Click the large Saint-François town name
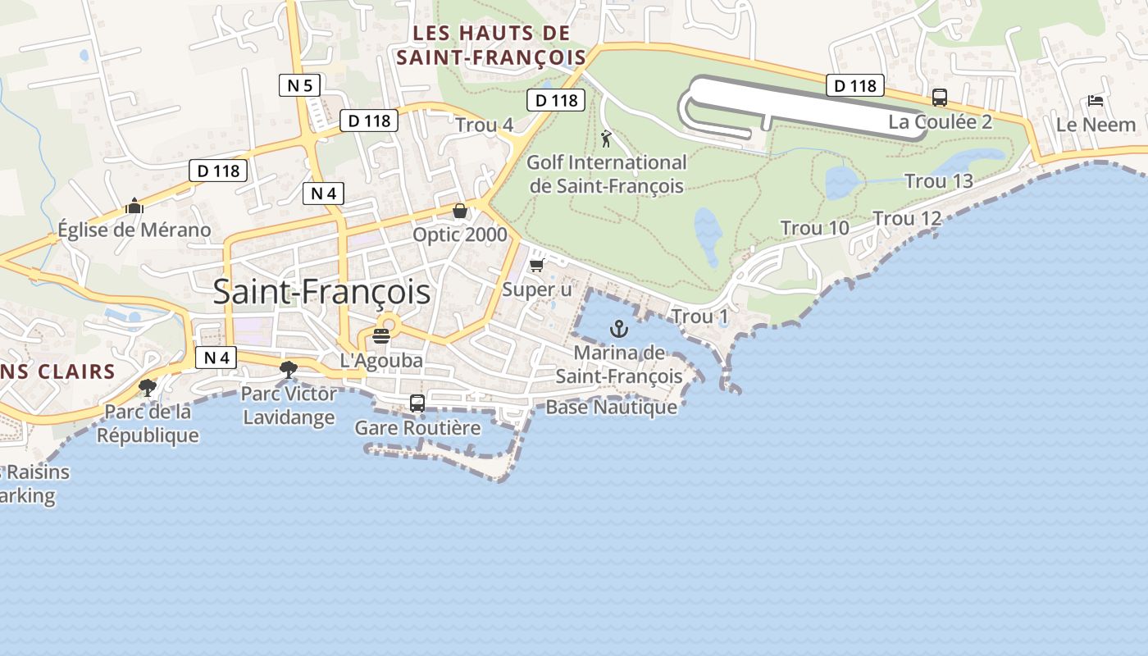[x=321, y=292]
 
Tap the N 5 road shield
[x=299, y=85]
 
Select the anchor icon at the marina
[x=619, y=330]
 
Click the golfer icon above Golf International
[x=606, y=139]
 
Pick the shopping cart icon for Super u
[x=537, y=265]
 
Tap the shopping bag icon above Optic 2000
[x=460, y=211]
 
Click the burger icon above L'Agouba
[x=380, y=335]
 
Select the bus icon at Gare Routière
[x=417, y=403]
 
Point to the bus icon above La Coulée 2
[x=940, y=98]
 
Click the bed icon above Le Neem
[x=1095, y=101]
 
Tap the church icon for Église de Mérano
[x=134, y=206]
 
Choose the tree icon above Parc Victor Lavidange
[x=288, y=370]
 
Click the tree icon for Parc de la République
[x=148, y=387]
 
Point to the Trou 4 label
[x=485, y=125]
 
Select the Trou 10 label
[x=814, y=228]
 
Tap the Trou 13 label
[x=938, y=181]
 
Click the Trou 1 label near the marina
[x=699, y=316]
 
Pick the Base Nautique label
[x=612, y=407]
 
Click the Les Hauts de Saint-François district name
[x=491, y=45]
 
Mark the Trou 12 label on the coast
[x=907, y=219]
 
